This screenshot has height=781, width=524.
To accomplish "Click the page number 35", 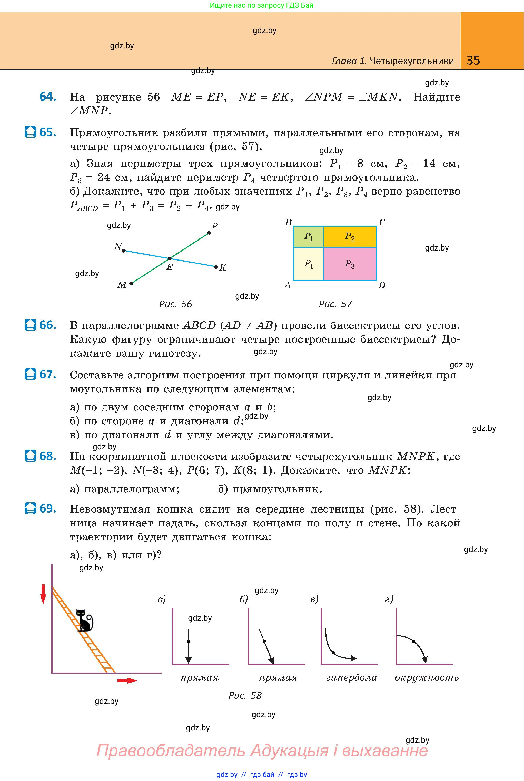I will tap(473, 61).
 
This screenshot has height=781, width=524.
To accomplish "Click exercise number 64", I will tap(47, 97).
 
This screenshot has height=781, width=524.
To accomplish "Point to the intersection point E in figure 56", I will tap(170, 258).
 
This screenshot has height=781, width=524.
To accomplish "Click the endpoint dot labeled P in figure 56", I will tap(210, 233).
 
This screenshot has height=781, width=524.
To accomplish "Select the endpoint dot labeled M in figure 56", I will tap(131, 283).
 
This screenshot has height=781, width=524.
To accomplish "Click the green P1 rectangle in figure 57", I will tap(308, 236).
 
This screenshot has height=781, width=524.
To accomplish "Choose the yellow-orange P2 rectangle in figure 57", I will tap(350, 236).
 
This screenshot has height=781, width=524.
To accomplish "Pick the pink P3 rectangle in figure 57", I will tap(350, 264).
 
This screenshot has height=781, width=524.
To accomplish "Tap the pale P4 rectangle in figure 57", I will tap(308, 264).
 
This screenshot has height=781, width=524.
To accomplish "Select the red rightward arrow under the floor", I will tap(127, 681).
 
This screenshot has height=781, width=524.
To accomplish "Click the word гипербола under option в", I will tap(352, 678).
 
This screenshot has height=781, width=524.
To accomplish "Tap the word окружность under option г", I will tap(427, 678).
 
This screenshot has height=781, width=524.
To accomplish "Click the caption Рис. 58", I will tap(245, 695).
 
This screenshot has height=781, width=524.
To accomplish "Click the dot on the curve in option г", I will tap(413, 641).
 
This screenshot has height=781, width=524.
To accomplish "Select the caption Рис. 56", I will tap(175, 304).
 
